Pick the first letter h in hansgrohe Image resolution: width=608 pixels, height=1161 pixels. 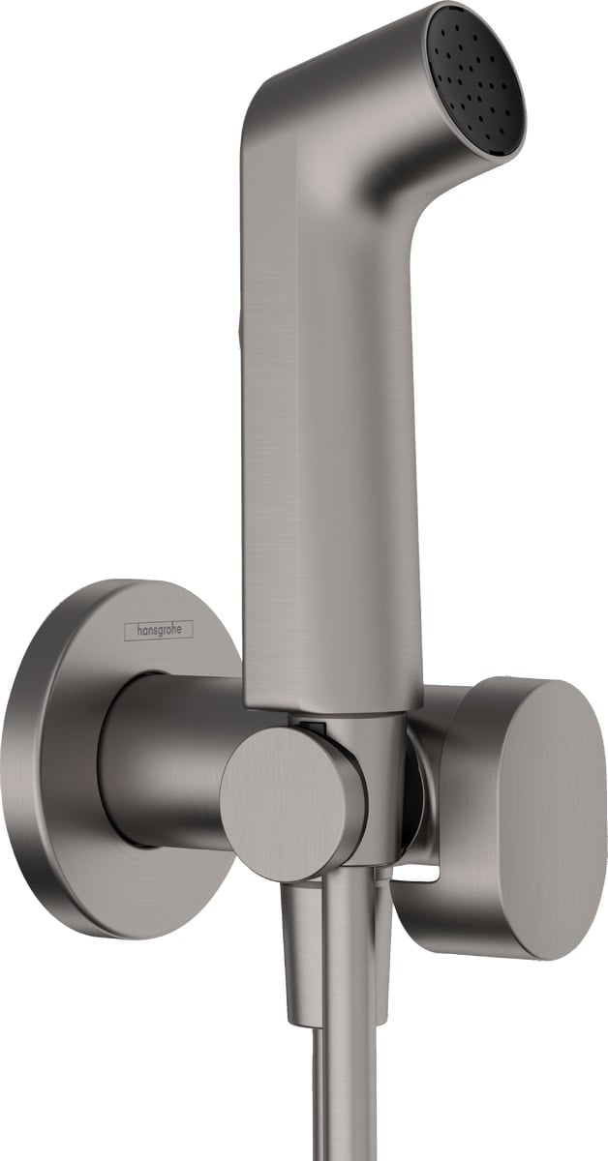[129, 630]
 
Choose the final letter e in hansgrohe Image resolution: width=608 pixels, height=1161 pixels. [188, 630]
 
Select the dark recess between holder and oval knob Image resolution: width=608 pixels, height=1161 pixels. [413, 774]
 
